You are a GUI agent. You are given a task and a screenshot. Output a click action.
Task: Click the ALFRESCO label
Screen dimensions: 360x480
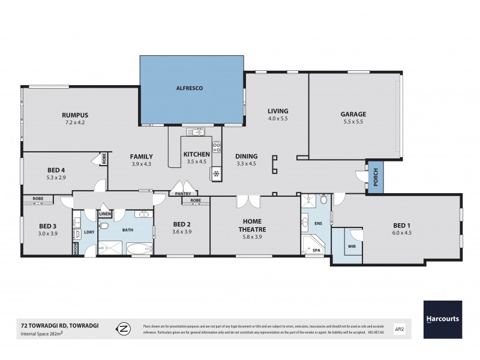tap(191, 88)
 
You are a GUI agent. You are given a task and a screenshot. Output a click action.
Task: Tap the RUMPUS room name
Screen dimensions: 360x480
tap(75, 115)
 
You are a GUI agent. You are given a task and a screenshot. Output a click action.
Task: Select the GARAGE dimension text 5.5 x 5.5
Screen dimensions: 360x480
tap(353, 121)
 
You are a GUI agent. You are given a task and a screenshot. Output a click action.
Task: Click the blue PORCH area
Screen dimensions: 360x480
tap(376, 178)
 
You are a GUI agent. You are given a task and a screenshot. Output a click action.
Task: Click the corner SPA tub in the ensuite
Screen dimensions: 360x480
tap(314, 244)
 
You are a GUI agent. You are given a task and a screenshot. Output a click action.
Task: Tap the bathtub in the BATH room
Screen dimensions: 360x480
tap(139, 248)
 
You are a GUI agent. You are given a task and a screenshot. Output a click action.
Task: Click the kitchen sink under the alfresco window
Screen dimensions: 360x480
tap(195, 132)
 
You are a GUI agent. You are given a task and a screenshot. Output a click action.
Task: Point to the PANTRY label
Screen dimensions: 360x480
tap(183, 194)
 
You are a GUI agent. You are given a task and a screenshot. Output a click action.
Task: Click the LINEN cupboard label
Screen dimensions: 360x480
tap(104, 214)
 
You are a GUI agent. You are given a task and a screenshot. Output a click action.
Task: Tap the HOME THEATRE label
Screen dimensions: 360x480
tap(256, 225)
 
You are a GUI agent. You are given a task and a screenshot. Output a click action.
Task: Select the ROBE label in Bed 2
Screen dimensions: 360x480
tap(196, 200)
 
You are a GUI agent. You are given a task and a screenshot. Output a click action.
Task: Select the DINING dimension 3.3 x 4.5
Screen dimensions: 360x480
tap(246, 163)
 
